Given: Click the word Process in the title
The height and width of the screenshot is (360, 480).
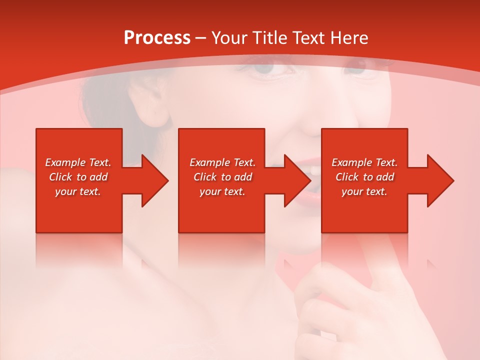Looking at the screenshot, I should tap(157, 38).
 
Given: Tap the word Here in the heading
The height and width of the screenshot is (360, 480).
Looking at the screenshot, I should tap(348, 38).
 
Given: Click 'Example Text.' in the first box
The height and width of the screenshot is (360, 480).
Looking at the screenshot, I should tap(78, 162).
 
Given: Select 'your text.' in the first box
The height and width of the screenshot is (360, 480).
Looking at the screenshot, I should tap(78, 191).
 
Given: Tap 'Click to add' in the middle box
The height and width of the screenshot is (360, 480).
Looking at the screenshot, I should tap(222, 177).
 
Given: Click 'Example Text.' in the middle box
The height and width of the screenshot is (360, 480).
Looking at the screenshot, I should tap(222, 162).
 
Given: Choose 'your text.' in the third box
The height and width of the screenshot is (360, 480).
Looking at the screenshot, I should tap(364, 191).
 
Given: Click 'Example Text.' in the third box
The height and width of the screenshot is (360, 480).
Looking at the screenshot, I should tap(364, 162).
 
